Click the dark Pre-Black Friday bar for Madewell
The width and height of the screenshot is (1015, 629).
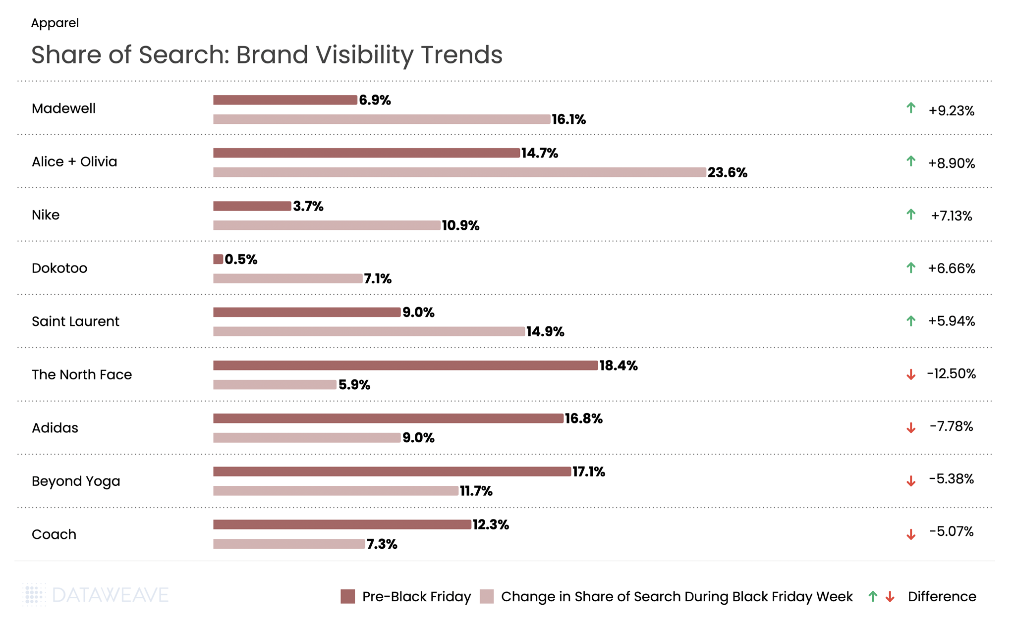pyautogui.click(x=285, y=100)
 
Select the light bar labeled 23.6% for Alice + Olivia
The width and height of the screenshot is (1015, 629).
pyautogui.click(x=459, y=172)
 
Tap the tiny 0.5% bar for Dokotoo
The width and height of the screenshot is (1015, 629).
pyautogui.click(x=218, y=259)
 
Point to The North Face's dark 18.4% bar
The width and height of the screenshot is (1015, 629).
pyautogui.click(x=405, y=366)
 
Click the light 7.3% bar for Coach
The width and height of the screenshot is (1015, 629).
pyautogui.click(x=289, y=544)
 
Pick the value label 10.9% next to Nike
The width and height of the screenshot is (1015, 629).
pyautogui.click(x=460, y=226)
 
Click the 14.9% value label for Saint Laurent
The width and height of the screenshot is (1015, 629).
pyautogui.click(x=545, y=332)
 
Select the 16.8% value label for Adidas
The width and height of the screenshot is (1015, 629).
pyautogui.click(x=583, y=419)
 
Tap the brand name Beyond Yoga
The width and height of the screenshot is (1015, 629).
pyautogui.click(x=76, y=481)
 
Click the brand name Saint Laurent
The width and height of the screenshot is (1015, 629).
pyautogui.click(x=75, y=321)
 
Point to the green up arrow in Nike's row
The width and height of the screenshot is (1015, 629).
pyautogui.click(x=910, y=214)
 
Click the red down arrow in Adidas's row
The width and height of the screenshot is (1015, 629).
pyautogui.click(x=910, y=428)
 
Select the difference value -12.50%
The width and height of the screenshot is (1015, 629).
pyautogui.click(x=951, y=374)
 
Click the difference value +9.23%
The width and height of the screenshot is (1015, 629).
pyautogui.click(x=951, y=110)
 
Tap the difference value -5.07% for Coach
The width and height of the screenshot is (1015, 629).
pyautogui.click(x=951, y=532)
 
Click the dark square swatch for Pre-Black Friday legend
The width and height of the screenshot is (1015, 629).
pyautogui.click(x=348, y=596)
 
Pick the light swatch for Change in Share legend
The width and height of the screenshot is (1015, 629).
pyautogui.click(x=487, y=596)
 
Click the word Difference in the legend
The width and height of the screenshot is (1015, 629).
pyautogui.click(x=942, y=596)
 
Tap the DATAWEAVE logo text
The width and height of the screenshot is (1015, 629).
pyautogui.click(x=110, y=595)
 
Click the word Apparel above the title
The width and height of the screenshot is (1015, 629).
pyautogui.click(x=55, y=23)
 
